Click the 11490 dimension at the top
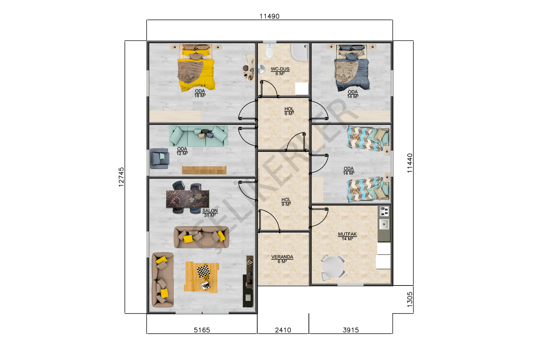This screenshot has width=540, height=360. (x=269, y=16)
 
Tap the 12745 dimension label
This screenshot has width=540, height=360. (x=121, y=177)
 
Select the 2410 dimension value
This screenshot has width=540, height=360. (x=283, y=330)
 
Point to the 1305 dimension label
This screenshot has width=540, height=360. (x=410, y=300)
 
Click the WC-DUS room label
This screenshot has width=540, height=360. (x=280, y=69)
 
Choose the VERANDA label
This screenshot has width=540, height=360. (x=282, y=257)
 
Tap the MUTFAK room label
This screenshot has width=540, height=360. (x=347, y=234)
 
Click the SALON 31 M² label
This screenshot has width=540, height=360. (x=210, y=213)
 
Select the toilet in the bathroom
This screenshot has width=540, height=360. (x=270, y=50)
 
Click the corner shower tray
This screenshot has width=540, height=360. (x=300, y=52)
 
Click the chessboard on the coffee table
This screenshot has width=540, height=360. (x=203, y=271)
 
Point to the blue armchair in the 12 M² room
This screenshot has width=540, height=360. (x=159, y=158)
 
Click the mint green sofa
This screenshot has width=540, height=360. (x=198, y=136)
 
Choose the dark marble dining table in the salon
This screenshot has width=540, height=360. (x=187, y=199)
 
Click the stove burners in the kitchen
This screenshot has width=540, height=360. (x=384, y=211)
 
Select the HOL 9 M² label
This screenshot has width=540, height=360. (x=286, y=202)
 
